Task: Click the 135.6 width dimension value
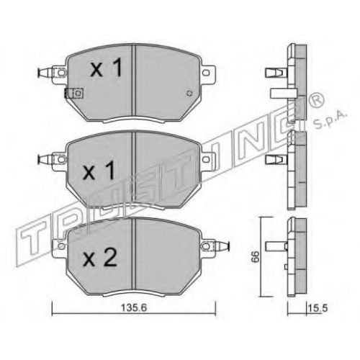[x=134, y=307]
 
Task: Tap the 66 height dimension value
[x=256, y=257]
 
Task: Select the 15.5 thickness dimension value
[x=318, y=307]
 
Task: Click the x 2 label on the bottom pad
[x=99, y=257]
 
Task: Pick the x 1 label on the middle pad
[x=99, y=170]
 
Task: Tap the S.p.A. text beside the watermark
[x=330, y=121]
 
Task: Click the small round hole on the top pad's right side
[x=189, y=94]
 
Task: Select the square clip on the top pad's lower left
[x=73, y=93]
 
